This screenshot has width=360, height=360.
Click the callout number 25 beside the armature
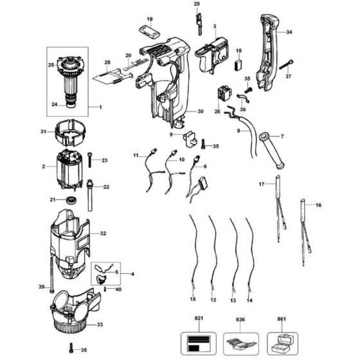coord(51,66)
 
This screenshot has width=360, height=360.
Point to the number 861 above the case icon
coord(281,318)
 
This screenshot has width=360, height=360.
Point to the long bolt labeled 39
coord(48,264)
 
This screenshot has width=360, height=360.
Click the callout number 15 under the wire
coord(192,300)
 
